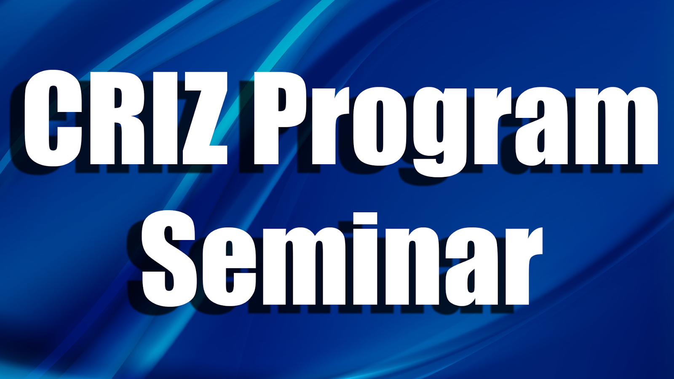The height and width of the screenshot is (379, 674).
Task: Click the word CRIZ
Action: (x=126, y=117)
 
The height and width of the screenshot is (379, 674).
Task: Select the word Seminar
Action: (x=342, y=259)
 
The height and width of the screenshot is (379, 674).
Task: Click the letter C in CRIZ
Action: (x=53, y=117)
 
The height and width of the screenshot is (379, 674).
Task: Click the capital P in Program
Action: (x=280, y=118)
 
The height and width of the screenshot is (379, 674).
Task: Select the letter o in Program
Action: (x=380, y=126)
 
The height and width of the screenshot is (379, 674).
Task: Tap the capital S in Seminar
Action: (x=169, y=259)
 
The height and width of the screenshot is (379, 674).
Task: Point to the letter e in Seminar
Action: (x=229, y=267)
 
